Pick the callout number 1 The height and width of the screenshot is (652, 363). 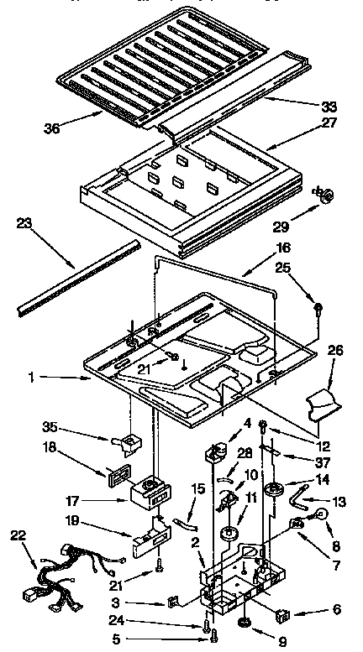tap(32, 378)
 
